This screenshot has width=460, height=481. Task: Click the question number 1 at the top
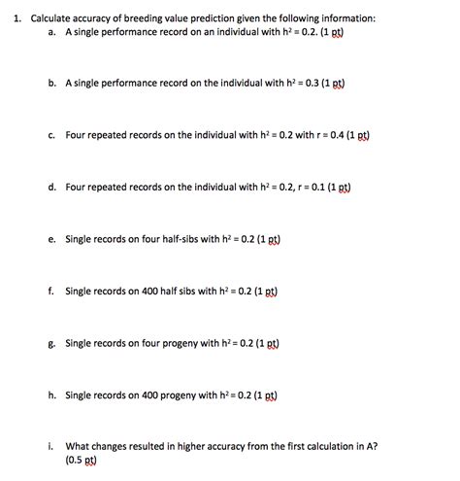click(10, 17)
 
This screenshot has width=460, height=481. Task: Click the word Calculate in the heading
click(50, 17)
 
